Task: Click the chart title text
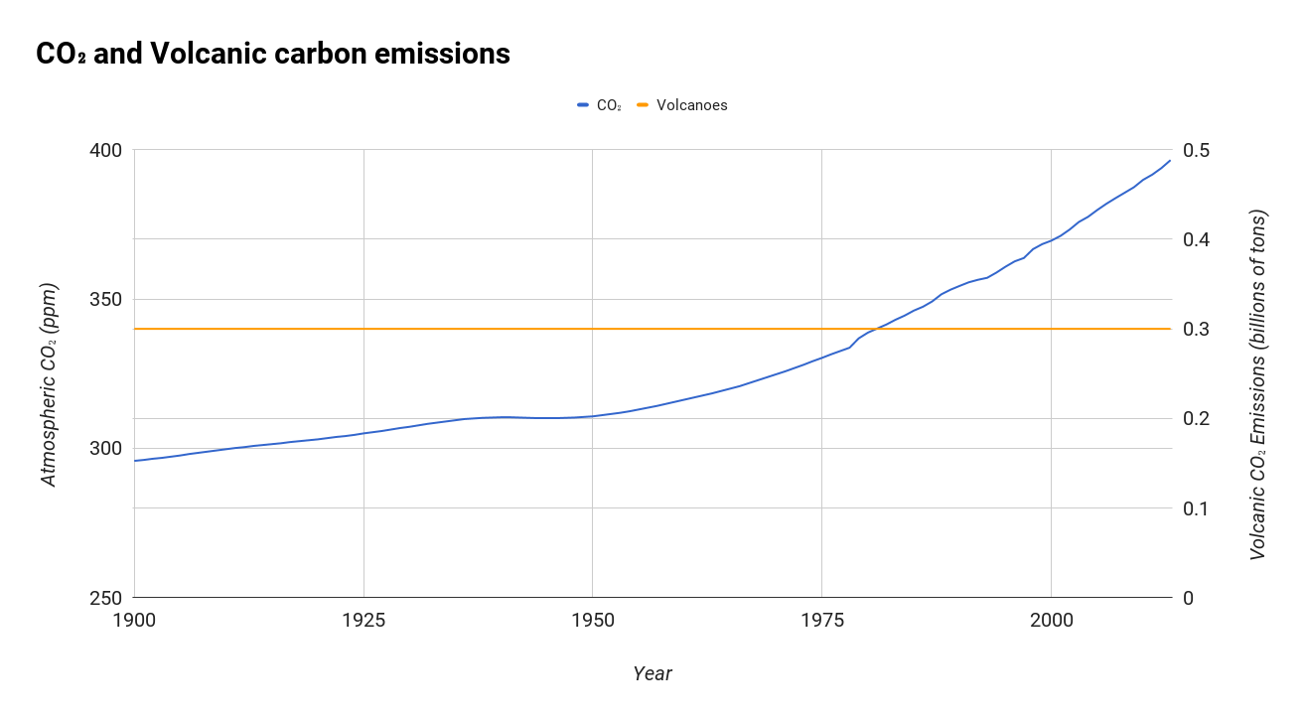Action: pyautogui.click(x=272, y=54)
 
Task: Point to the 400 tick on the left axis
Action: pyautogui.click(x=106, y=150)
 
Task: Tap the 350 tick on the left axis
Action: pyautogui.click(x=106, y=299)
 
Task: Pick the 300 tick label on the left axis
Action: pyautogui.click(x=106, y=448)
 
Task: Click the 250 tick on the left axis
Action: pyautogui.click(x=106, y=598)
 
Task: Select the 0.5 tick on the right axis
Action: pyautogui.click(x=1197, y=150)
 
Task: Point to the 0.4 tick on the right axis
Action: pyautogui.click(x=1197, y=239)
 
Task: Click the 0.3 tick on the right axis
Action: pyautogui.click(x=1197, y=329)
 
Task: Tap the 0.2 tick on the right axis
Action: pyautogui.click(x=1197, y=418)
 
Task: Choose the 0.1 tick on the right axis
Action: pyautogui.click(x=1197, y=508)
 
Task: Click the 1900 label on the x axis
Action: pyautogui.click(x=134, y=621)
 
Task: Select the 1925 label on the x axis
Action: pyautogui.click(x=363, y=621)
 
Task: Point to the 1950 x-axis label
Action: pyautogui.click(x=593, y=621)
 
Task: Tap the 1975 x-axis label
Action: pyautogui.click(x=822, y=621)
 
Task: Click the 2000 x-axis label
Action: pyautogui.click(x=1051, y=621)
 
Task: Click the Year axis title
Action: pyautogui.click(x=652, y=673)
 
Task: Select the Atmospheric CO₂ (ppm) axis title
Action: pyautogui.click(x=49, y=384)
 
